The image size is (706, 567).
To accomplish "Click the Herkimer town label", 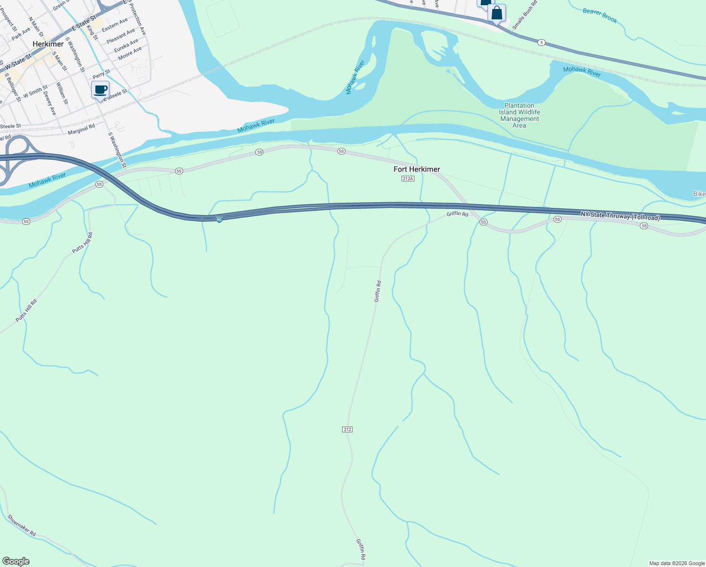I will [48, 44].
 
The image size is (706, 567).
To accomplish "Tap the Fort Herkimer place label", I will [417, 169].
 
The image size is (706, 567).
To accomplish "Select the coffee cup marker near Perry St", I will [100, 89].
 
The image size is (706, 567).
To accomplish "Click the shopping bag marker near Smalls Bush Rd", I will [496, 13].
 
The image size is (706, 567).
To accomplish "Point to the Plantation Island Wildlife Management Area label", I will [519, 116].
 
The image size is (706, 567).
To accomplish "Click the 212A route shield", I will [408, 179].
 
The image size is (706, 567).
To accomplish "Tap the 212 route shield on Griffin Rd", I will [347, 430].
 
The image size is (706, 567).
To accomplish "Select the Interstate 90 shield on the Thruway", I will [219, 220].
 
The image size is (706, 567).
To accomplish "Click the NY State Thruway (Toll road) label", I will [620, 216].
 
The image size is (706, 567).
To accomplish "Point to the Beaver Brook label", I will [600, 16].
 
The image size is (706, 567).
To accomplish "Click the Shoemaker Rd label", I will [22, 525].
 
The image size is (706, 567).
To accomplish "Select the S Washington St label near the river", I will [118, 150].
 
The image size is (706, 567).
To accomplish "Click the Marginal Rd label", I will [81, 129].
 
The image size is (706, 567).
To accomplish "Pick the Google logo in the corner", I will [16, 561].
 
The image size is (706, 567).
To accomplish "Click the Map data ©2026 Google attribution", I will [677, 563].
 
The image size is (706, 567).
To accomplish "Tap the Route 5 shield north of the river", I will [542, 43].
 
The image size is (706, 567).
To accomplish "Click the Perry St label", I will [101, 75].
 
